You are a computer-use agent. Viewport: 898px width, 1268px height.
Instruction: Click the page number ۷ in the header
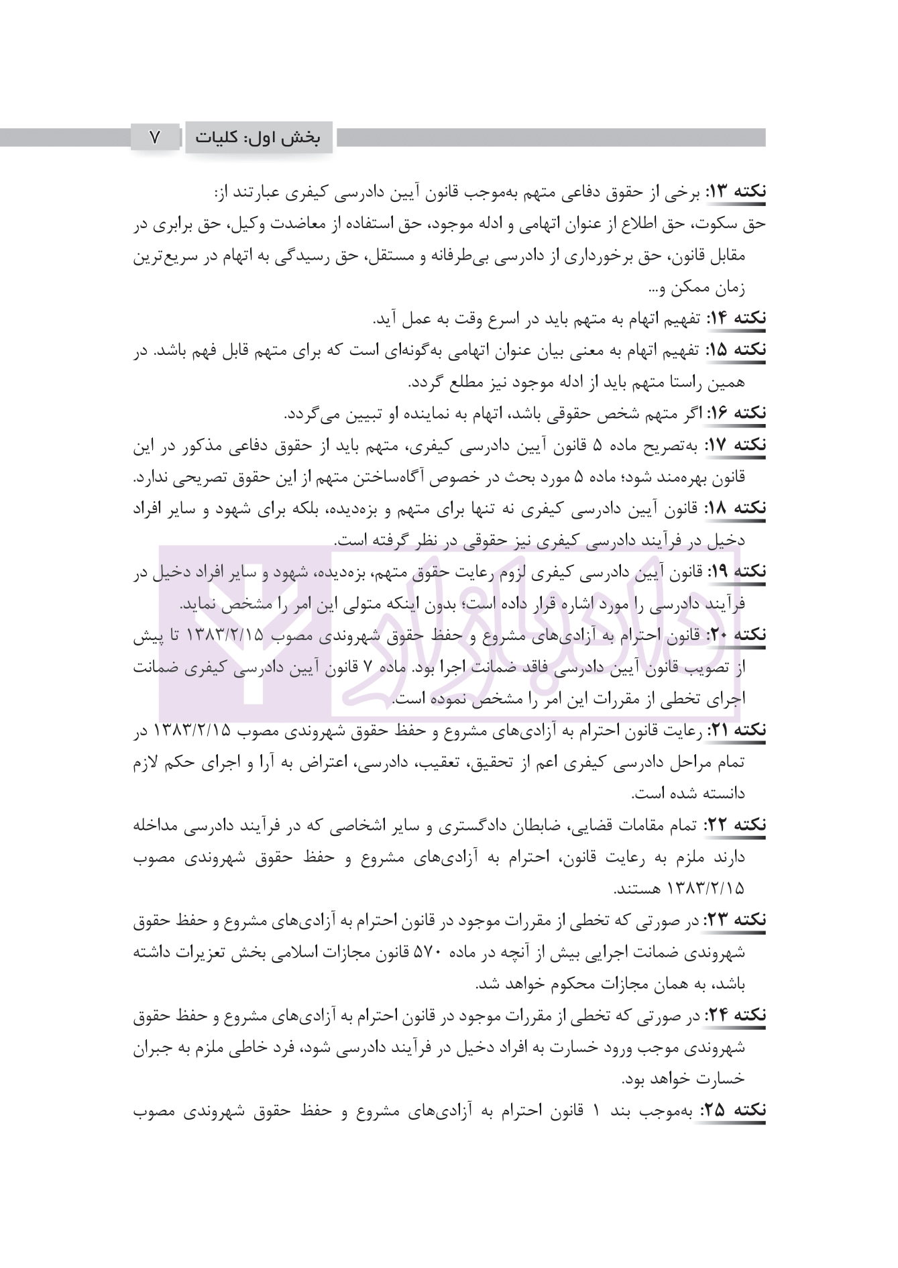[155, 138]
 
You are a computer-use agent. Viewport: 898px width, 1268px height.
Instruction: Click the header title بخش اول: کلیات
[258, 138]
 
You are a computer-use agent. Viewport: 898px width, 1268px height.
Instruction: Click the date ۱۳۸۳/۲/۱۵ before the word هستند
[707, 889]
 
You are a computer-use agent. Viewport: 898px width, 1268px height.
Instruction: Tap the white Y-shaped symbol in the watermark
[252, 644]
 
